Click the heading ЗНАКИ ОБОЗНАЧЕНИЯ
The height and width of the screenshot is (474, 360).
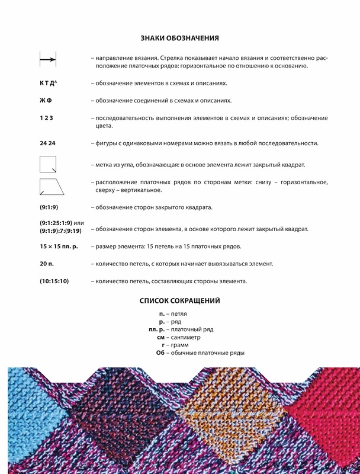pos(180,39)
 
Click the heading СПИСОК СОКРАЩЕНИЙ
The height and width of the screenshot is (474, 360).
pos(180,300)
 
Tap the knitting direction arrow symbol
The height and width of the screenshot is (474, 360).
pos(47,59)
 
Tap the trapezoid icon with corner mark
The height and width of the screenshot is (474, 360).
pos(52,187)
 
